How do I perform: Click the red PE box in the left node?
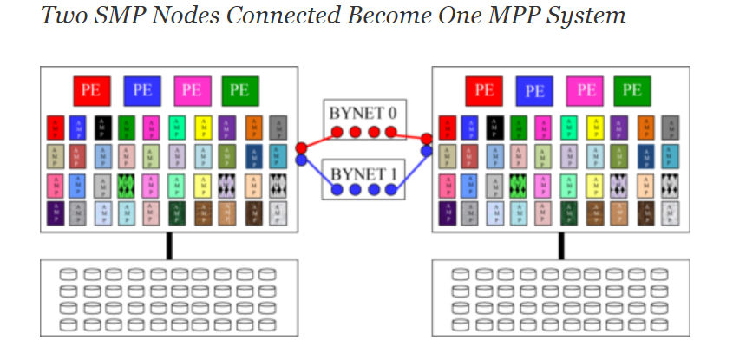tap(90, 89)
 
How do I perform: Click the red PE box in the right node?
tap(484, 89)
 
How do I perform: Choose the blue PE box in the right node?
tap(534, 89)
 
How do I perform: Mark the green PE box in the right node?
tap(632, 89)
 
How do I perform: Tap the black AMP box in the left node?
tap(101, 128)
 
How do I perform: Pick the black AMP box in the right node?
tap(494, 128)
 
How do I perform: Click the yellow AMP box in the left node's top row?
tap(205, 128)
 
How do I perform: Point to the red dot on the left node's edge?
tap(300, 147)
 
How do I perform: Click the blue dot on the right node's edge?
tap(428, 152)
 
